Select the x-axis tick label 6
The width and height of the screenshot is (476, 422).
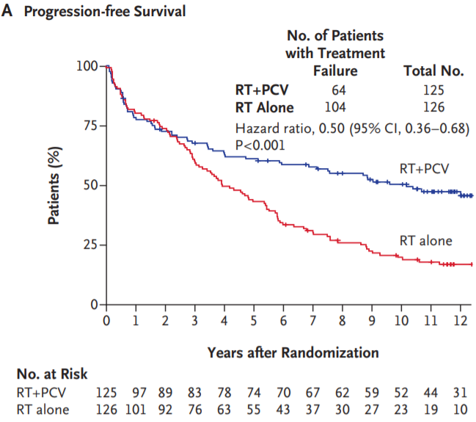point(283,321)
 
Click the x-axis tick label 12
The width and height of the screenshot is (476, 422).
point(460,321)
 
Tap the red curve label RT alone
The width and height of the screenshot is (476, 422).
point(425,240)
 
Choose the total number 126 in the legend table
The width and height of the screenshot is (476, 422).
point(433,108)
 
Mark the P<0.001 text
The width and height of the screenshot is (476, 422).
point(259,145)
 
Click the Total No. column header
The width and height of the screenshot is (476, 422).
point(434,71)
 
